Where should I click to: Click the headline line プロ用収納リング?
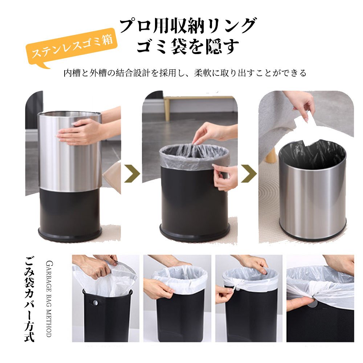click(x=188, y=26)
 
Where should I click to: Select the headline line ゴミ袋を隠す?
click(x=188, y=46)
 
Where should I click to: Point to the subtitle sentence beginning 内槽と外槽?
click(x=185, y=73)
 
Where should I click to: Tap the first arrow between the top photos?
click(x=132, y=174)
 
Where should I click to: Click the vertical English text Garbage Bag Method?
click(x=49, y=299)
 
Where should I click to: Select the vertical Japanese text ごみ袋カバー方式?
click(x=29, y=299)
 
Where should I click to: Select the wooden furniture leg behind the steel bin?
click(x=271, y=155)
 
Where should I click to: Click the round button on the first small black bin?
click(x=95, y=302)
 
